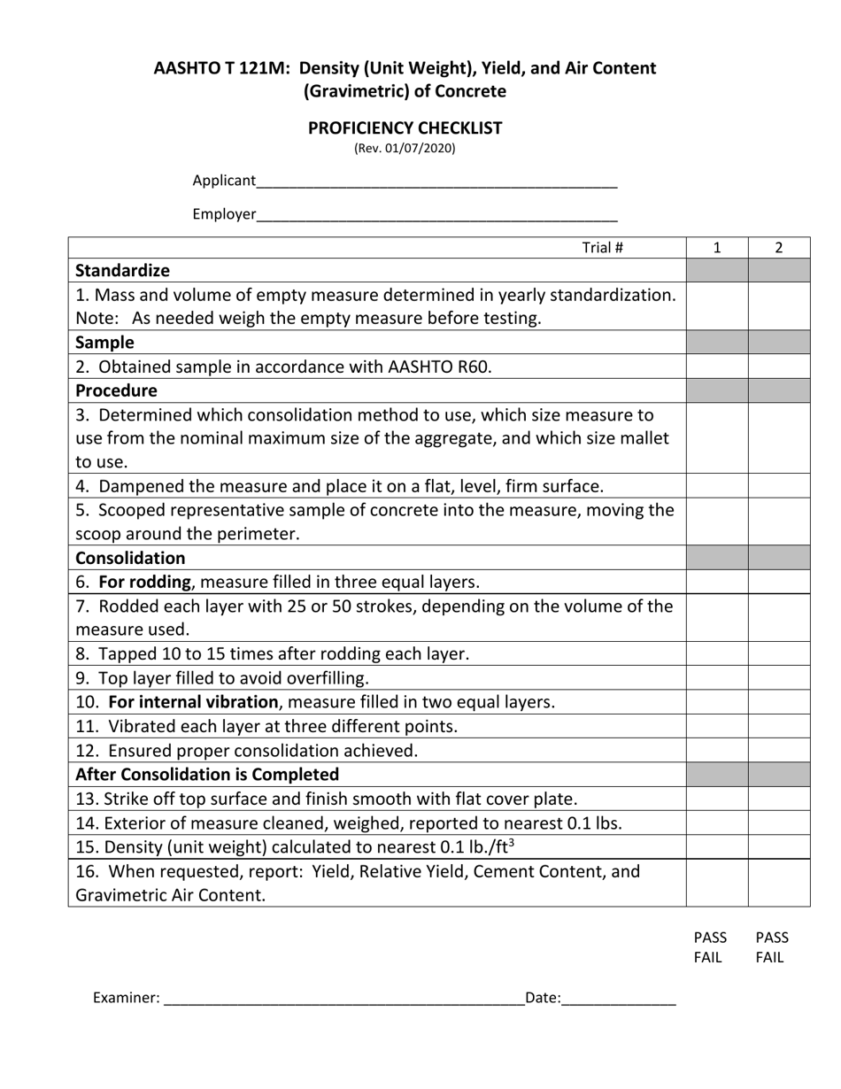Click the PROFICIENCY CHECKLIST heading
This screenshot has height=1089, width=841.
(x=405, y=127)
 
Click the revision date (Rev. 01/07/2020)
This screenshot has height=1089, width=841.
(x=405, y=148)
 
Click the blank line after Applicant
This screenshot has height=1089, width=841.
(x=436, y=182)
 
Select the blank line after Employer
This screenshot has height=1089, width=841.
(x=436, y=215)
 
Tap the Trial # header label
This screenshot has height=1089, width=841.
(x=602, y=248)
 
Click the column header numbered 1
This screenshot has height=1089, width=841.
(x=717, y=248)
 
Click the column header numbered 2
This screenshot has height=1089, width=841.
(x=779, y=248)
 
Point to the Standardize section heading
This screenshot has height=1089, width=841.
(x=122, y=270)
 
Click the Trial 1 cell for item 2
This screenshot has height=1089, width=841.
(x=717, y=367)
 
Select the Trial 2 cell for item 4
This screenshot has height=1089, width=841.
(x=779, y=486)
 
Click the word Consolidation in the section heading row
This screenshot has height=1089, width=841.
(x=130, y=558)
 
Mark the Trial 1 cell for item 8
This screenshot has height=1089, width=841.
(x=717, y=653)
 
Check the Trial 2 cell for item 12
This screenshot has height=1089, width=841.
(x=779, y=750)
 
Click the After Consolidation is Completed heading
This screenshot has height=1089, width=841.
(x=207, y=774)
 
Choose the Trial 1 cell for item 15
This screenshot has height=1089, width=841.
(x=717, y=846)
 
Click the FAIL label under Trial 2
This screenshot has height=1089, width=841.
(x=770, y=957)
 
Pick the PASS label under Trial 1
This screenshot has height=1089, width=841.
(x=710, y=938)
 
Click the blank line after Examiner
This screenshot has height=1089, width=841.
(x=343, y=1000)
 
